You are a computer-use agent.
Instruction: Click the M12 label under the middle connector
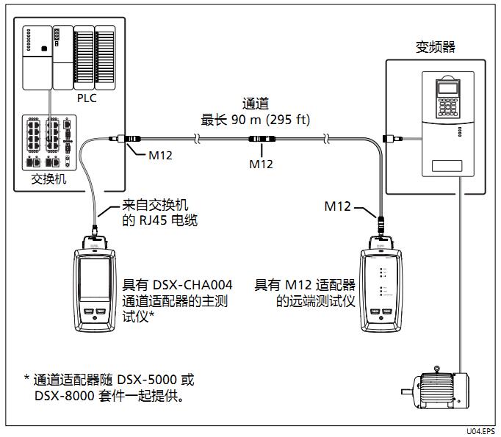[260, 164]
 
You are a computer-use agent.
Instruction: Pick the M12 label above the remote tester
[339, 207]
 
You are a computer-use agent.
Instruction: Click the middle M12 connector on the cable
[260, 138]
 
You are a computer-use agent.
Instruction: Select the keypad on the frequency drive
[447, 105]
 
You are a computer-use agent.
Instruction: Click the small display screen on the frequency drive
[447, 86]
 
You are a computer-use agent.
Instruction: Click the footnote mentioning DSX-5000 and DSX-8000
[110, 388]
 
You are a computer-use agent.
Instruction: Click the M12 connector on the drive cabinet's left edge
[393, 137]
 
